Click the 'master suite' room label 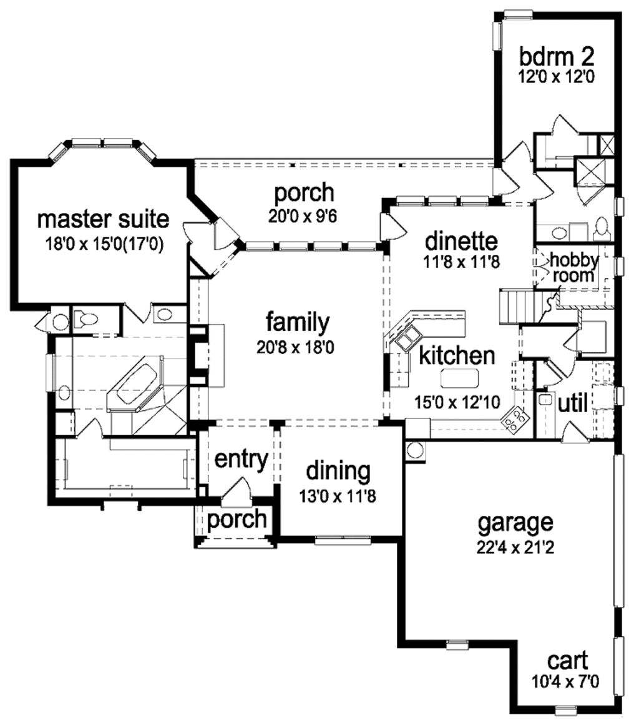pyautogui.click(x=102, y=219)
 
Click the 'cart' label pyautogui.click(x=567, y=661)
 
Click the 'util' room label pyautogui.click(x=572, y=403)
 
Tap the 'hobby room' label pyautogui.click(x=573, y=267)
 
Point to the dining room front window pyautogui.click(x=342, y=540)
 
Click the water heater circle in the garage pyautogui.click(x=415, y=450)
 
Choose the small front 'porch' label pyautogui.click(x=237, y=519)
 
